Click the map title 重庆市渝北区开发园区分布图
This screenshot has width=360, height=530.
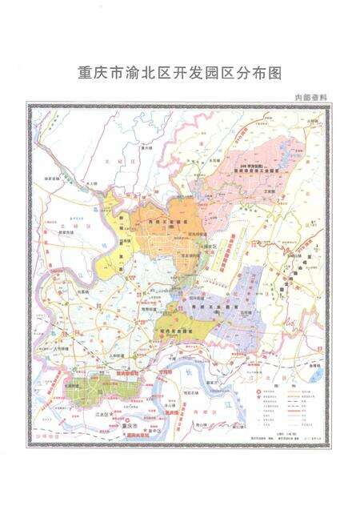tap(180, 72)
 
